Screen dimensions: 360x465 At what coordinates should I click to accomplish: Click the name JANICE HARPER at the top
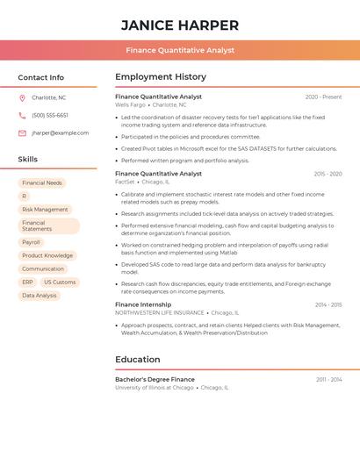[179, 25]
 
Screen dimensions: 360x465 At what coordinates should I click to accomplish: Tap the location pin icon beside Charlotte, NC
[22, 97]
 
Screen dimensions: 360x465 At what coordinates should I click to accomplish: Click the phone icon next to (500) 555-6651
[22, 115]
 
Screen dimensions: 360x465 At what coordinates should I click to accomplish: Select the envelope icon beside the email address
[22, 133]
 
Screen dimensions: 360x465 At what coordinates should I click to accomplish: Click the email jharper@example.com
[60, 133]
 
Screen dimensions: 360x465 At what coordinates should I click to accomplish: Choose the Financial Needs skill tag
[42, 183]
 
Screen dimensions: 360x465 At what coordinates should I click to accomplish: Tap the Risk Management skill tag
[45, 210]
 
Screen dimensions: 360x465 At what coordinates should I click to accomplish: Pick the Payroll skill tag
[31, 242]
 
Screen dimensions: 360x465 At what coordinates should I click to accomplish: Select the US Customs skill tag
[60, 283]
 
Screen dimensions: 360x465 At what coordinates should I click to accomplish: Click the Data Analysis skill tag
[40, 296]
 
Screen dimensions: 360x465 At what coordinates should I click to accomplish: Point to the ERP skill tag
[27, 283]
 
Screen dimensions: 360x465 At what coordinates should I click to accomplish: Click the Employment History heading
[161, 77]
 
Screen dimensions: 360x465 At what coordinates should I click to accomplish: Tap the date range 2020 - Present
[323, 97]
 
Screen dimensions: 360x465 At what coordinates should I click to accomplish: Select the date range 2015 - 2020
[328, 174]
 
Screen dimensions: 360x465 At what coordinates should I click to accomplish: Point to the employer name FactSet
[126, 182]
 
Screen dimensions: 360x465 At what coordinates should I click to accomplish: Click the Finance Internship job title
[143, 304]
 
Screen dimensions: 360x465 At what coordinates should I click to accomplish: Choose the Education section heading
[137, 360]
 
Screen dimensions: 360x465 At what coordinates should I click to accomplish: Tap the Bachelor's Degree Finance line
[155, 379]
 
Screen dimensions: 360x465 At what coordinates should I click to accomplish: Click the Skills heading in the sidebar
[28, 160]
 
